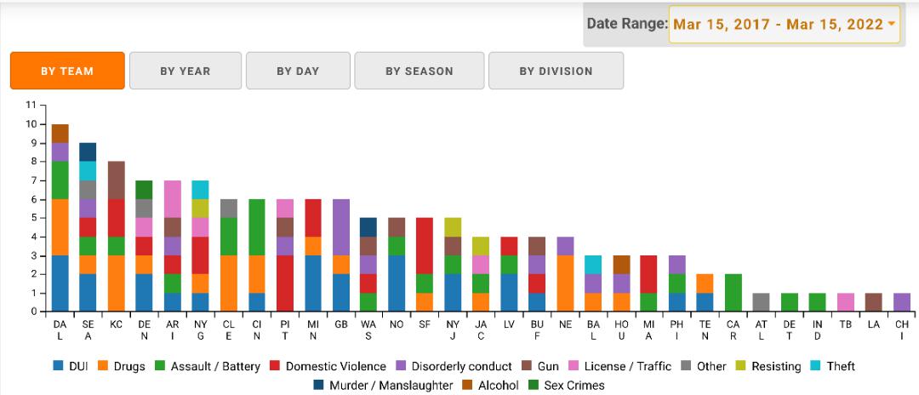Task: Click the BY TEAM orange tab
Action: (x=67, y=71)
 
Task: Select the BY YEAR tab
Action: (x=185, y=71)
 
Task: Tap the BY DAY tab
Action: (x=298, y=71)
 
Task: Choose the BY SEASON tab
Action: (x=419, y=71)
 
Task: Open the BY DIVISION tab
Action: (x=556, y=71)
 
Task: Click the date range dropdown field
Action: (x=784, y=24)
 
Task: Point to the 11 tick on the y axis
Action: (x=31, y=106)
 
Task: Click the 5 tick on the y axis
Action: (x=31, y=218)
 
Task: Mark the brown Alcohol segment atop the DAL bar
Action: (x=60, y=133)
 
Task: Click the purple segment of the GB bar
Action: (x=340, y=227)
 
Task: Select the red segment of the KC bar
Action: (x=116, y=218)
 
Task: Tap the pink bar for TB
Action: (x=846, y=302)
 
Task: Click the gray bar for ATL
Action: (x=762, y=302)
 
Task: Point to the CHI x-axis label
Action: (x=902, y=330)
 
